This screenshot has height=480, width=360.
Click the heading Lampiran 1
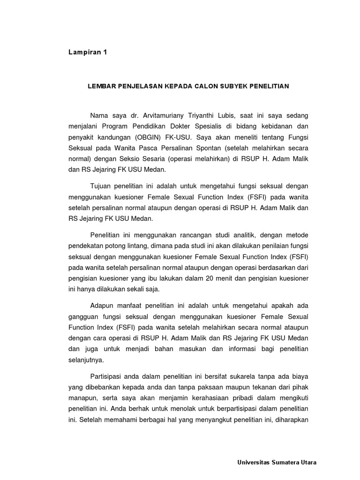coord(88,52)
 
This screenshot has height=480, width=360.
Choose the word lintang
coord(161,246)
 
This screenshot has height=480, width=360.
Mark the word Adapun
coord(102,306)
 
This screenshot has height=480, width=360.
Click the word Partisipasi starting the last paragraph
coord(108,376)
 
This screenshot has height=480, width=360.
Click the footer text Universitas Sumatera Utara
coord(277,462)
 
